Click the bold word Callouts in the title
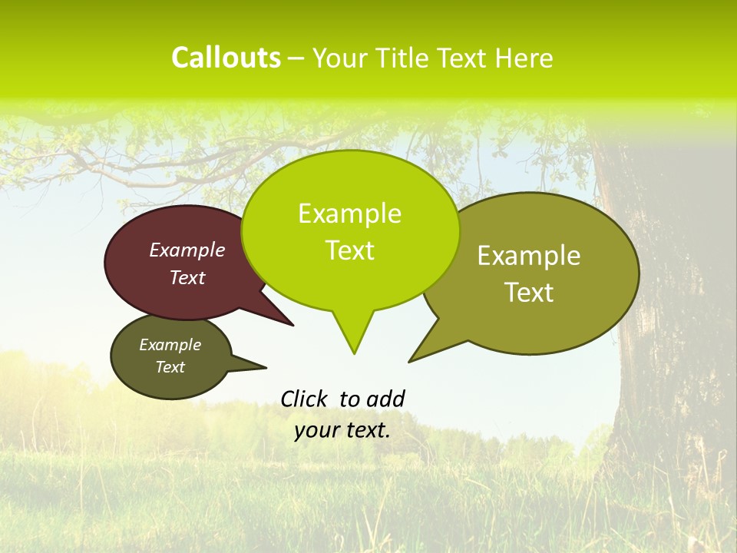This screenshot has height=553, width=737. point(226,58)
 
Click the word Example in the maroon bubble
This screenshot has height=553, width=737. point(187,250)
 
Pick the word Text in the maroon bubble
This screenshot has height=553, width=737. point(187,277)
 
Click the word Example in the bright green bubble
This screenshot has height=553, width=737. point(349,214)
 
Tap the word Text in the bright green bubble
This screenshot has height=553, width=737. point(350,250)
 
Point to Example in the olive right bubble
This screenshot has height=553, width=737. point(529,256)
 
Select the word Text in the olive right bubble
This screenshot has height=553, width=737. point(530,293)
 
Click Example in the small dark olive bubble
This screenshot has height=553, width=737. point(170,345)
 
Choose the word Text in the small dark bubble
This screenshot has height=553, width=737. point(170,367)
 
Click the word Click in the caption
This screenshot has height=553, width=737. point(304,399)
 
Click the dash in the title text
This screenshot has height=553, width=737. point(297,59)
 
